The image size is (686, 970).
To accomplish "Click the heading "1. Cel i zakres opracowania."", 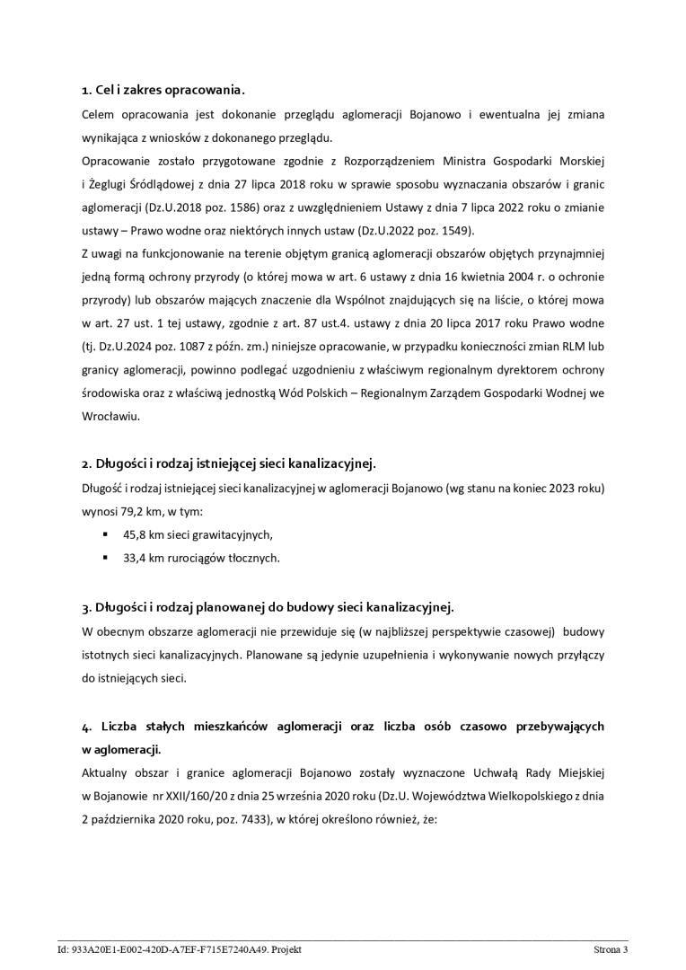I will pos(163,91).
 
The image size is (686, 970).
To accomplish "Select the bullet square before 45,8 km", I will pos(105,534).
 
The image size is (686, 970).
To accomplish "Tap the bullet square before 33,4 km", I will pos(105,558).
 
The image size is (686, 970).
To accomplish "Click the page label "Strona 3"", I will pos(611,948).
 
